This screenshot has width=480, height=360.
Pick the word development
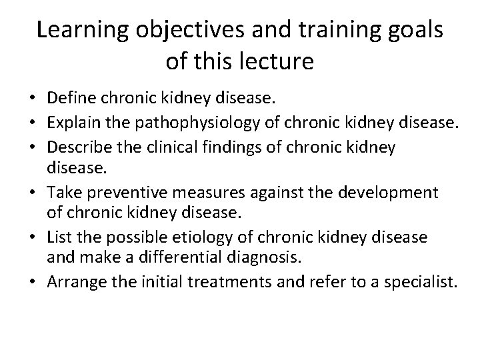pos(390,193)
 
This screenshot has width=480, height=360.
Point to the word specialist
pos(425,282)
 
